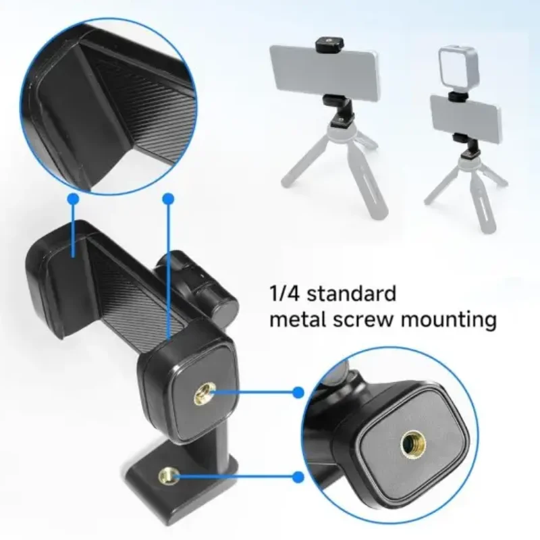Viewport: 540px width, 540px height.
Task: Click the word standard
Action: tap(351, 294)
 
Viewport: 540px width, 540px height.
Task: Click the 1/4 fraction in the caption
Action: tap(284, 294)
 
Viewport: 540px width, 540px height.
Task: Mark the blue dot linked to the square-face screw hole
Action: tap(298, 392)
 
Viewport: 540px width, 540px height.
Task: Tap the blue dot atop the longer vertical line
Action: tap(168, 198)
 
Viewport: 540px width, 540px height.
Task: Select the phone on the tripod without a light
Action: tap(325, 71)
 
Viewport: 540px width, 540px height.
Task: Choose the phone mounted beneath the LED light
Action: tap(466, 119)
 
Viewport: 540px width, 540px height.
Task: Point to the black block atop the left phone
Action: tap(327, 43)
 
